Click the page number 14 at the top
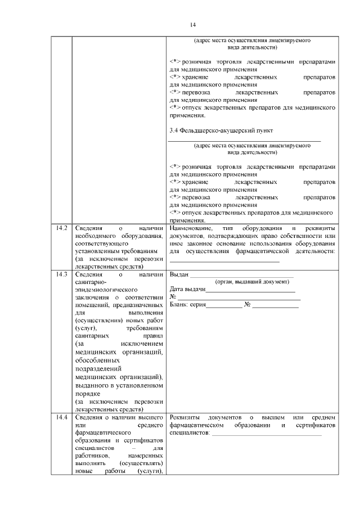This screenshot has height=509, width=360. click(192, 24)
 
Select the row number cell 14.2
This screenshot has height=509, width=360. click(61, 229)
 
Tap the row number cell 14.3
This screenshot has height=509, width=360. click(61, 275)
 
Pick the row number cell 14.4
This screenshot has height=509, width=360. click(61, 417)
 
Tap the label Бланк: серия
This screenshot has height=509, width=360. click(187, 305)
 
